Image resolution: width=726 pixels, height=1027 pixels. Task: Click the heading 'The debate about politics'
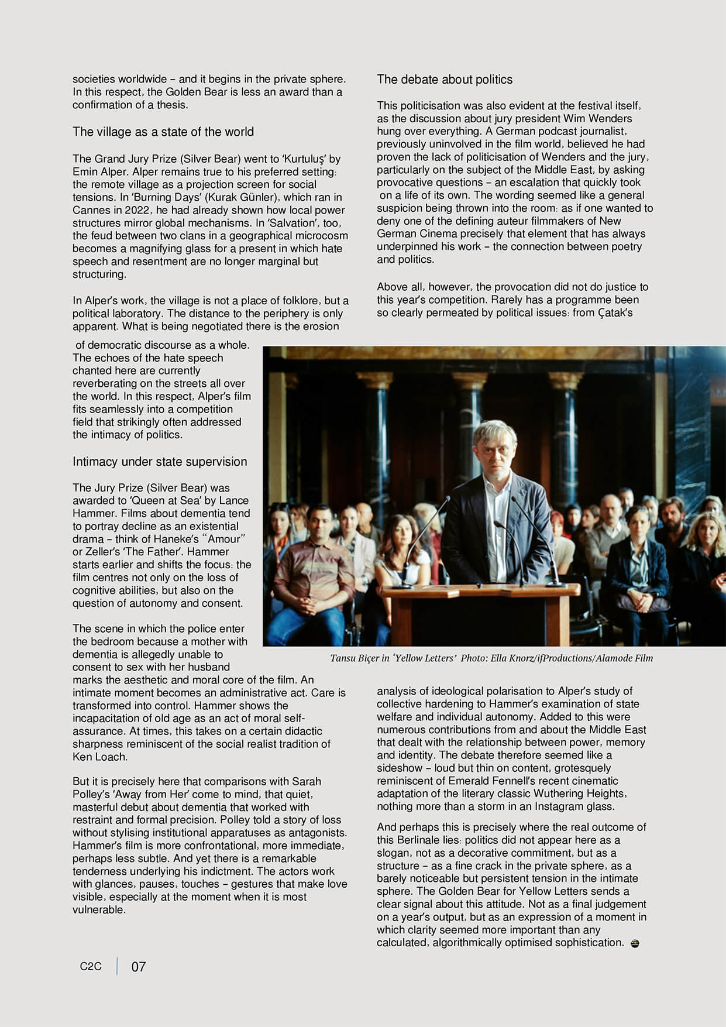click(445, 80)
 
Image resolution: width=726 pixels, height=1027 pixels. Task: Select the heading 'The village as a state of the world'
click(163, 132)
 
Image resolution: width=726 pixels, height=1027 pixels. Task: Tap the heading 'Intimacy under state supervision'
click(160, 462)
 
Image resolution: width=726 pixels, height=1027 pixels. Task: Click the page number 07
click(139, 967)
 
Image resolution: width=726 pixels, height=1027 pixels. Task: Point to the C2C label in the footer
click(91, 966)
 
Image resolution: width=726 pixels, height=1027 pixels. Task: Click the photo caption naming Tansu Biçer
click(491, 658)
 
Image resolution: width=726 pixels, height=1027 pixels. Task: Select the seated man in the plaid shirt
click(315, 573)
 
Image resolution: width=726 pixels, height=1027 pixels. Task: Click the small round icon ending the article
click(635, 943)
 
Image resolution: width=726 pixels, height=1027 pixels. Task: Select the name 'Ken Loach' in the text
click(99, 757)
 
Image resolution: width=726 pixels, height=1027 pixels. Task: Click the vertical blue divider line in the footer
click(117, 966)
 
